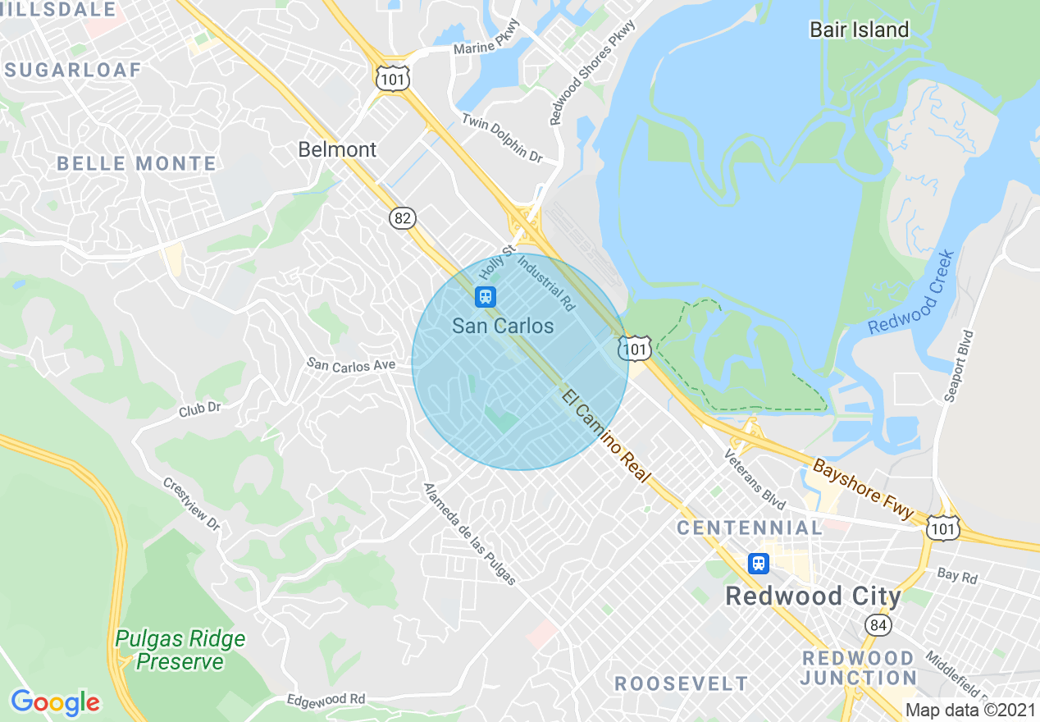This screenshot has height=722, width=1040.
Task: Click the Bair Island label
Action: pyautogui.click(x=859, y=30)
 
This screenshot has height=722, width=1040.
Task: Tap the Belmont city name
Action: pyautogui.click(x=337, y=149)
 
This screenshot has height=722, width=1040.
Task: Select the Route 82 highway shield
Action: pyautogui.click(x=403, y=218)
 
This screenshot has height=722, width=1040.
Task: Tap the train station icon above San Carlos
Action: pyautogui.click(x=486, y=296)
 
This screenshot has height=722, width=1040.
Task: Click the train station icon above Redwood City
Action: pyautogui.click(x=759, y=564)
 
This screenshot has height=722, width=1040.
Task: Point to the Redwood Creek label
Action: pyautogui.click(x=912, y=293)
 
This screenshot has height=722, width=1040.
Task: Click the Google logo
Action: pyautogui.click(x=55, y=702)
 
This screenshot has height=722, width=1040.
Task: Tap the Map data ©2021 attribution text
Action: pyautogui.click(x=969, y=710)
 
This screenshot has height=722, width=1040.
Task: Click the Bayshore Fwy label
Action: pyautogui.click(x=863, y=489)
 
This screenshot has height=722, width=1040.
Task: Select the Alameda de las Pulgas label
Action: pyautogui.click(x=470, y=534)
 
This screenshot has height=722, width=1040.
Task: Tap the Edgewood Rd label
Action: pyautogui.click(x=326, y=699)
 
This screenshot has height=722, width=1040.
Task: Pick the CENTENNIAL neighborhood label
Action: pyautogui.click(x=750, y=528)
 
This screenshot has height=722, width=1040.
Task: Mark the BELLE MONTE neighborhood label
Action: pyautogui.click(x=136, y=163)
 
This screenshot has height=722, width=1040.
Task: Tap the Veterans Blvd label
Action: pyautogui.click(x=755, y=478)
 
